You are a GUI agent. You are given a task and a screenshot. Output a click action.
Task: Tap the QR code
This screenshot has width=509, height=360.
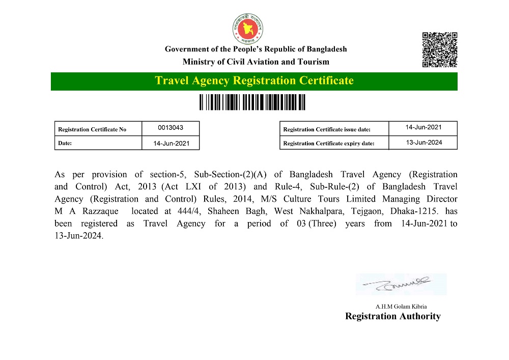point(440,50)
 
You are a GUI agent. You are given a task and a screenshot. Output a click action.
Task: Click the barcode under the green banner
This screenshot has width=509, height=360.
point(252,102)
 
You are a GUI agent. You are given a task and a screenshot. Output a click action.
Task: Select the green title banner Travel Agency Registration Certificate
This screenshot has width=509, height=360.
point(254,81)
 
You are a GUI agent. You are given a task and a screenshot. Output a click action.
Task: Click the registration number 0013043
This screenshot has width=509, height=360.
point(171,128)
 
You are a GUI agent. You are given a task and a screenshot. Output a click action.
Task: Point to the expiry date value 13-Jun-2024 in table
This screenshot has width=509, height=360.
point(423,143)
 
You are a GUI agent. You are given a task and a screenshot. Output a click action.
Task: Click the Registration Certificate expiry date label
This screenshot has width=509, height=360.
point(328,143)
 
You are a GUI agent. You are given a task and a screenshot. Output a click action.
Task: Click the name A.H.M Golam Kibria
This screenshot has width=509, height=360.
point(401,307)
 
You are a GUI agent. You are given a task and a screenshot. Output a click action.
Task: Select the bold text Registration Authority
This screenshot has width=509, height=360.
point(392,316)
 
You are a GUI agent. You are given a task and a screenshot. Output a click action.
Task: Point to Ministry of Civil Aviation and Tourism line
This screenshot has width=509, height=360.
point(256,62)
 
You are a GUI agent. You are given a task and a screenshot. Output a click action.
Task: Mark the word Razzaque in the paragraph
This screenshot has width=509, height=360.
point(98,211)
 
